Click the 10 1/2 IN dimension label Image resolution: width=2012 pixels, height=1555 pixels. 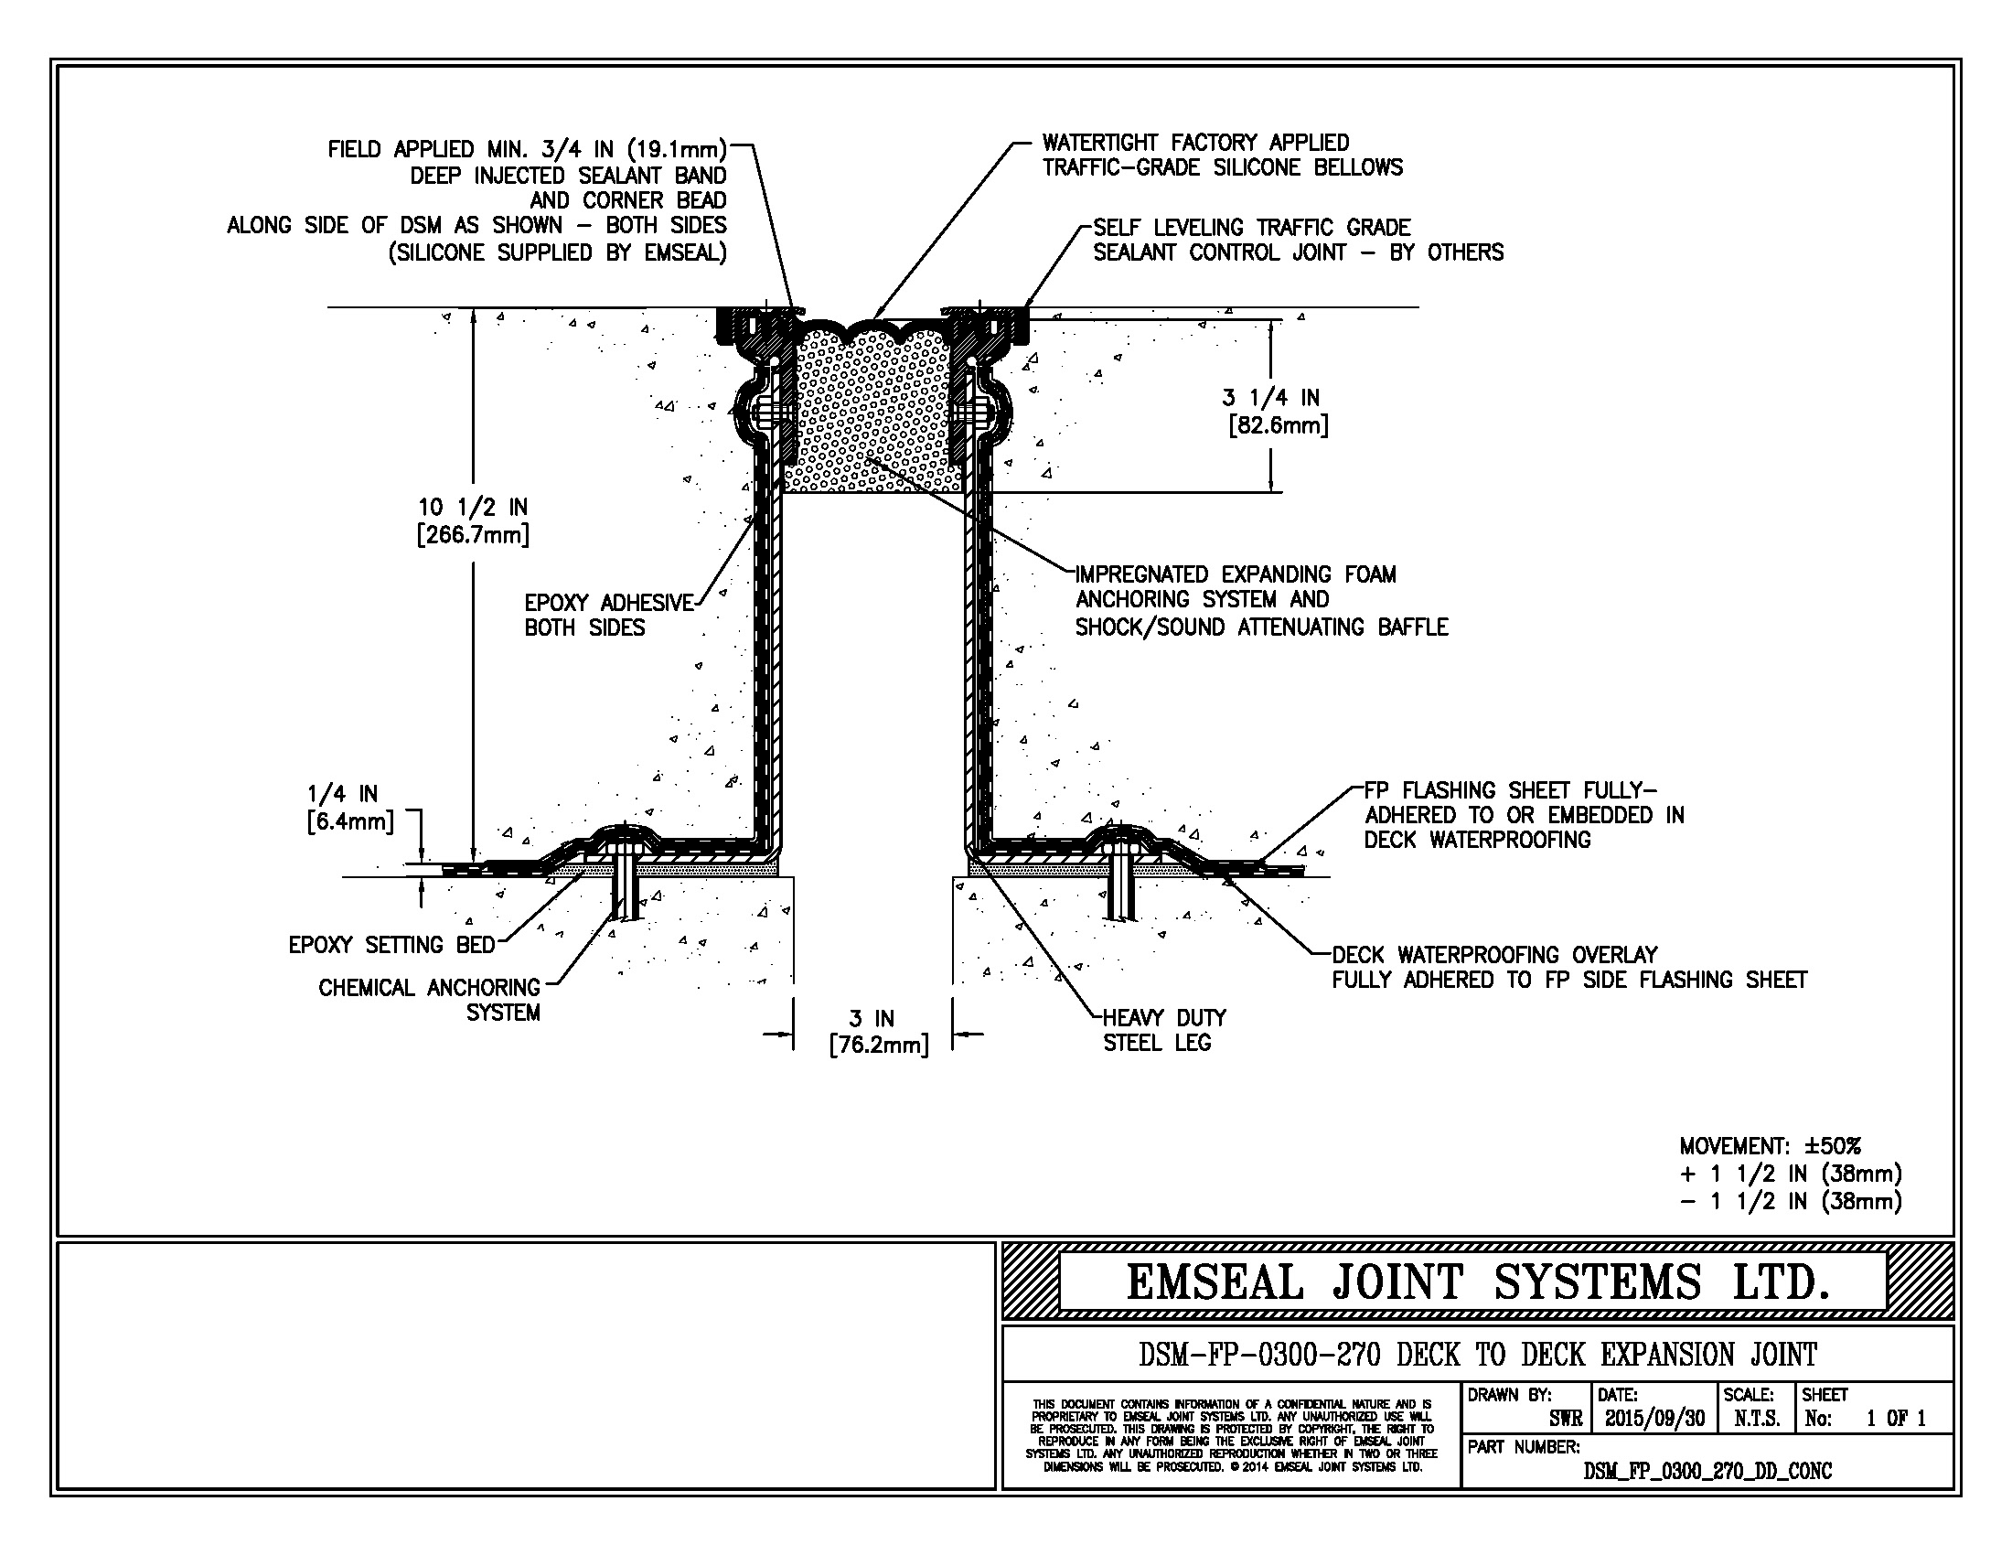click(x=473, y=520)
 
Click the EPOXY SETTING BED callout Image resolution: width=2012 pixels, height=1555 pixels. click(x=391, y=945)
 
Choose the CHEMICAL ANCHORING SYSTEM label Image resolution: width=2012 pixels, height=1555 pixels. click(x=430, y=1000)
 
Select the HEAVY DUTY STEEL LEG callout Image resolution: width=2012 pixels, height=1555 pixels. click(x=1163, y=1030)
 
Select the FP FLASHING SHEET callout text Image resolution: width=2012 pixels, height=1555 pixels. click(x=1524, y=815)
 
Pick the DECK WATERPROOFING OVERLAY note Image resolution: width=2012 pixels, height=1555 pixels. click(x=1568, y=967)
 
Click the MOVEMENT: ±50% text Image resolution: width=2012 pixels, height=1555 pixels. click(x=1770, y=1146)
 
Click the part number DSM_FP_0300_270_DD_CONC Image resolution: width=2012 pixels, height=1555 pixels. click(x=1707, y=1471)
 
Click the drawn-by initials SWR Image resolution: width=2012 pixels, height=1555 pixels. click(x=1565, y=1419)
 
